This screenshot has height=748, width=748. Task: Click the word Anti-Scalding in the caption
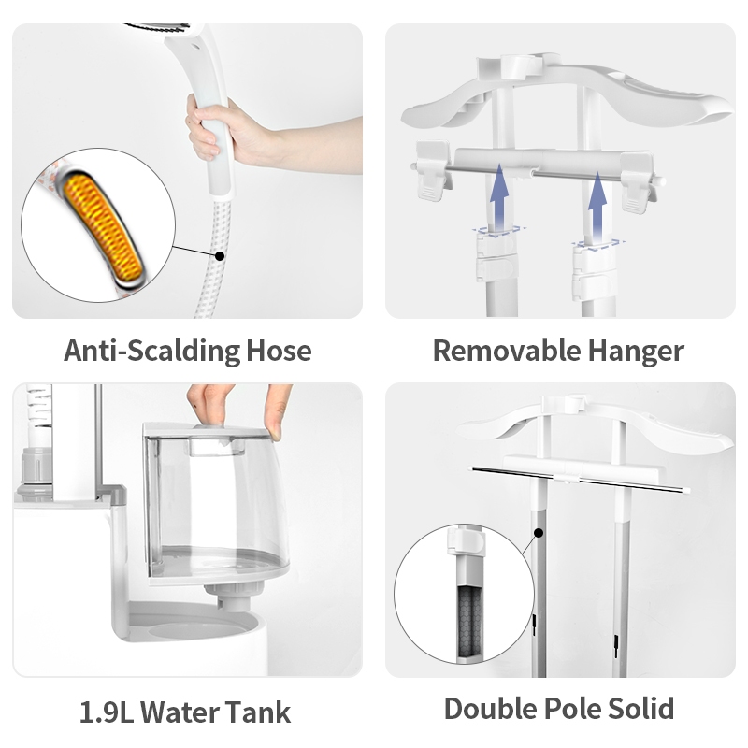[x=151, y=352]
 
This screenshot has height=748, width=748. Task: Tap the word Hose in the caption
[x=279, y=352]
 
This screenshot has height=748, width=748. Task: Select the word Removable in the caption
[x=506, y=352]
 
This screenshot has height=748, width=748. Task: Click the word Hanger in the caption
[x=636, y=352]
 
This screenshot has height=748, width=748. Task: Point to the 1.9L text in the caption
[x=107, y=712]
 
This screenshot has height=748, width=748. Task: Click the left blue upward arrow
[x=498, y=198]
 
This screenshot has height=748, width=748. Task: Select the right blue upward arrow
[x=597, y=208]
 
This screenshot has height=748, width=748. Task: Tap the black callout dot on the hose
[x=220, y=256]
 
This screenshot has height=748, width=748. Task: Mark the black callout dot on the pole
[x=539, y=533]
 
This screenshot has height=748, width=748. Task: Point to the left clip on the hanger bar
[x=433, y=170]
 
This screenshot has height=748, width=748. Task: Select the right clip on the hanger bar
[x=638, y=182]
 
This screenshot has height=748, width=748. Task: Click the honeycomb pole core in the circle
[x=470, y=620]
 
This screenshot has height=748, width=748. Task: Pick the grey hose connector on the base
[x=36, y=473]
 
